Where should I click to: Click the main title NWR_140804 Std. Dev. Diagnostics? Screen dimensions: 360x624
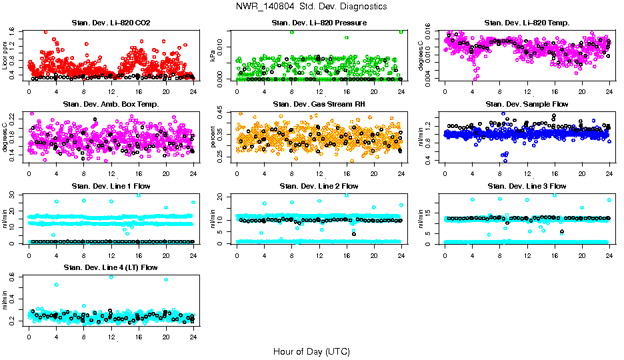click(x=311, y=7)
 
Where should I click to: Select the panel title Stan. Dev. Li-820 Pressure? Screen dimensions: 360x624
click(x=319, y=23)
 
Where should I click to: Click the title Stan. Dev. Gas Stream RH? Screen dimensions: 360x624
click(x=319, y=105)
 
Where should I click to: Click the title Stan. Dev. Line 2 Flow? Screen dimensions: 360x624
click(x=319, y=186)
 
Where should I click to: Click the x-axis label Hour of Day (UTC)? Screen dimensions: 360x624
click(x=311, y=351)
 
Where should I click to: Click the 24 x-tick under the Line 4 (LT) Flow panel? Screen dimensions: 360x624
click(x=193, y=337)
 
